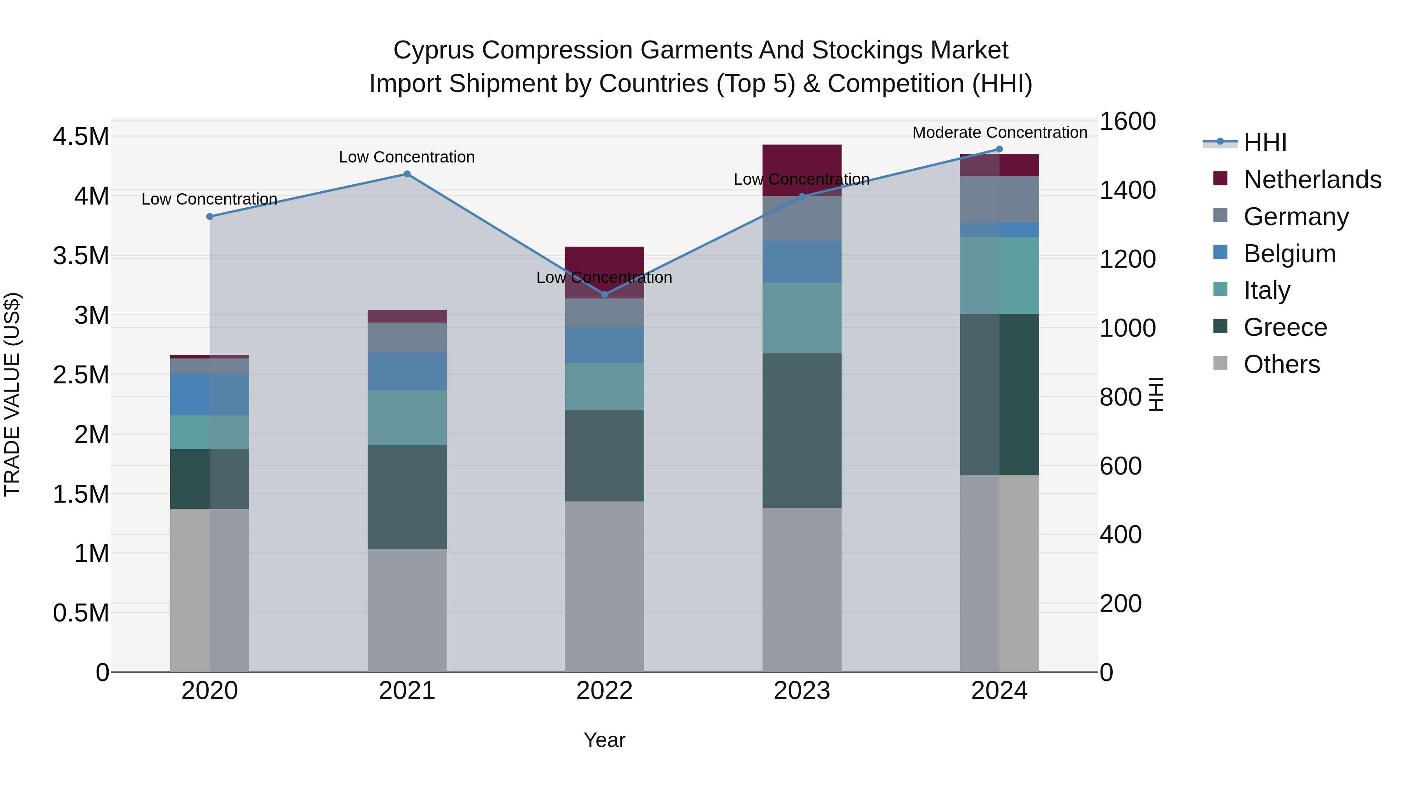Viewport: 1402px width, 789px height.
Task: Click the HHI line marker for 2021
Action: click(407, 174)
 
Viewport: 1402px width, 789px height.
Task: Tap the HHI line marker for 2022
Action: click(604, 295)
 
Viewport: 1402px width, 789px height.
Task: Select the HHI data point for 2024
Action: click(999, 149)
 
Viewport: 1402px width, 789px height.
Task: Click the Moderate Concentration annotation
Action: click(1000, 132)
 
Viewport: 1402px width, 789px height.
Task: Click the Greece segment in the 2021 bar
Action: click(407, 497)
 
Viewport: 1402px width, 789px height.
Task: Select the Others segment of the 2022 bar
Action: click(604, 586)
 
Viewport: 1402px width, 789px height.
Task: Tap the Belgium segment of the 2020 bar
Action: click(210, 394)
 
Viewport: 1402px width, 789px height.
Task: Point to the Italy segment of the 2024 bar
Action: click(999, 275)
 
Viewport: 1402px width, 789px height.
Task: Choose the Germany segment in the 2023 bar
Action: click(802, 218)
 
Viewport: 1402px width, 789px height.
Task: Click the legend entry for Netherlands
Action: click(1312, 180)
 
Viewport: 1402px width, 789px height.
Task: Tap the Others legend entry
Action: click(1281, 364)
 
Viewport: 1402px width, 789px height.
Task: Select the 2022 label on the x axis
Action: click(604, 691)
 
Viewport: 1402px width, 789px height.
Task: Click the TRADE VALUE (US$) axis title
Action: click(12, 394)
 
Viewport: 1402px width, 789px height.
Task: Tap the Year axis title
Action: click(604, 740)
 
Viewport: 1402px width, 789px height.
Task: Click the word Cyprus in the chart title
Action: click(433, 50)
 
